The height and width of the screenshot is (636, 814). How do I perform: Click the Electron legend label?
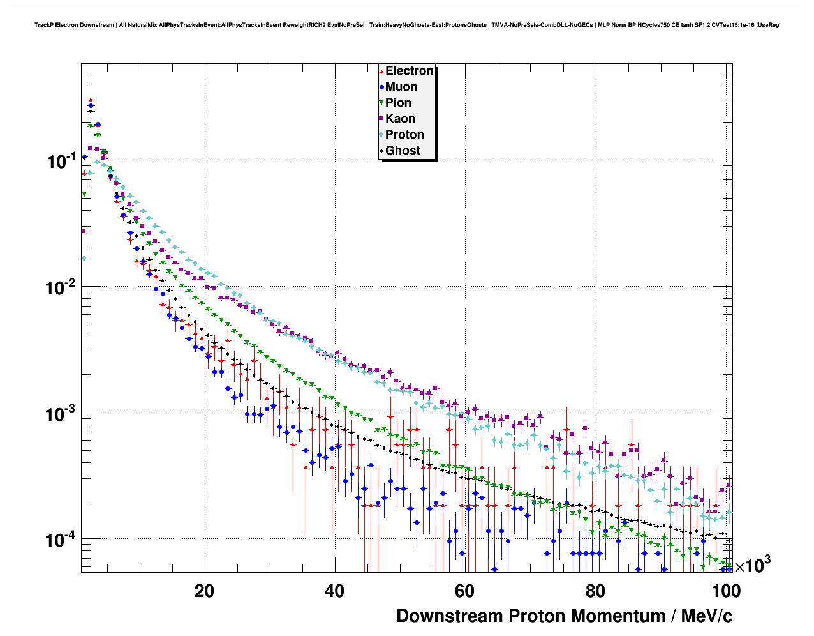[x=410, y=71]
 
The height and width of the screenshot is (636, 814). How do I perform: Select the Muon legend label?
[x=401, y=87]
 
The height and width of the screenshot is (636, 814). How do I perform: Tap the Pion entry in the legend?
[x=398, y=103]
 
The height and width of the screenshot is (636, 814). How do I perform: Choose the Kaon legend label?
[x=400, y=119]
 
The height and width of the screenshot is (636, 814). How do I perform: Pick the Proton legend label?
[x=404, y=135]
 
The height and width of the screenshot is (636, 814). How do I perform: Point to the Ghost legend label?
[x=403, y=151]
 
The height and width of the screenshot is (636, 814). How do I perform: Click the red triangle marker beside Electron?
[x=381, y=71]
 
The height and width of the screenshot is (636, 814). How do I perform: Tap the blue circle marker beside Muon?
[x=381, y=87]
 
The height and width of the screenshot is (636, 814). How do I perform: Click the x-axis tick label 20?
[x=204, y=591]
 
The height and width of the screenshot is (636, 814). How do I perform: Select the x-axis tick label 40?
[x=334, y=591]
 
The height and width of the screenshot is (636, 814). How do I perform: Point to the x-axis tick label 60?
[x=464, y=591]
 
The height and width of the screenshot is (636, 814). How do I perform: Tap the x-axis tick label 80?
[x=595, y=591]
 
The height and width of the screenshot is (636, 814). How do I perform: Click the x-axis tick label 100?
[x=726, y=591]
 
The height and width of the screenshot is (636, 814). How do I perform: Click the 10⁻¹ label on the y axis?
[x=62, y=161]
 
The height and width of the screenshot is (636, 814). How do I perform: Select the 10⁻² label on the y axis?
[x=62, y=287]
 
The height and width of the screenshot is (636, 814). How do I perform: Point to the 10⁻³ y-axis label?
[x=62, y=414]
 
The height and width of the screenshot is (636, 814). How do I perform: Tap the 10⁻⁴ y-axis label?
[x=62, y=540]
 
